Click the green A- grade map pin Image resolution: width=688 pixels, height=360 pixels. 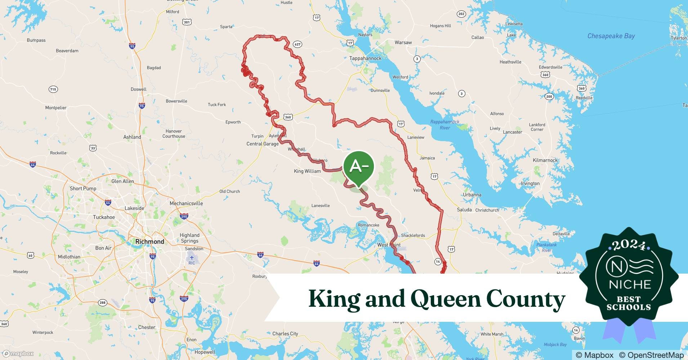358,167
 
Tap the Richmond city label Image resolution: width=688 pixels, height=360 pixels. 149,242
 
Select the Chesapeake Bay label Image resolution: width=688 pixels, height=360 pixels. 611,36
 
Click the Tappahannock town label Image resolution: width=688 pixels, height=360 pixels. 365,58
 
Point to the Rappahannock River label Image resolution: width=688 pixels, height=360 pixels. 444,125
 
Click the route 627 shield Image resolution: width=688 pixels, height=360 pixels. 297,44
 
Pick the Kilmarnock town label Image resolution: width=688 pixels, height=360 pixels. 545,160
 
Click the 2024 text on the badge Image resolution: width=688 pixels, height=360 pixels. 629,245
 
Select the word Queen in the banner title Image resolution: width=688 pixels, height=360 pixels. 446,299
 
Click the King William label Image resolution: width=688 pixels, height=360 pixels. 307,171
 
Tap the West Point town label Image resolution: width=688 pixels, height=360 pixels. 389,245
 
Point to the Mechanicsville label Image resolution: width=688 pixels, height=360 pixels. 186,203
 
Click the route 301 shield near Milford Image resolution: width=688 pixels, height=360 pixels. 187,22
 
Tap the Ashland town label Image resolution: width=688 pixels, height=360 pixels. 132,137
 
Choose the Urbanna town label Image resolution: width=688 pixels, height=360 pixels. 472,195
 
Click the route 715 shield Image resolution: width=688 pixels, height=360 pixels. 53,89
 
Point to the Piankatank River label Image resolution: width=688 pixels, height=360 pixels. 546,247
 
